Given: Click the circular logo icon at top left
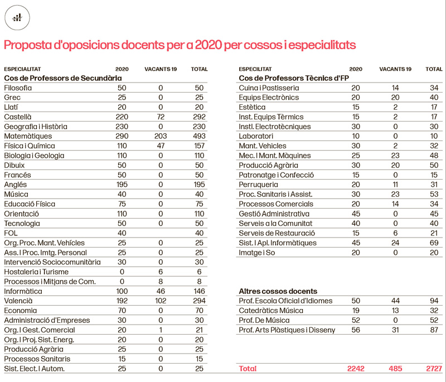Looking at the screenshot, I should [x=18, y=18].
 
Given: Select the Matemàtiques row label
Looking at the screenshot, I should [x=27, y=136].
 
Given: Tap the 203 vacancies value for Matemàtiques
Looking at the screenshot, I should [x=161, y=136].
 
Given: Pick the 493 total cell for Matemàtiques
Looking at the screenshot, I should [x=199, y=136].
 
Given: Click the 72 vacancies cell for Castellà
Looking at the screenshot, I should [x=161, y=117].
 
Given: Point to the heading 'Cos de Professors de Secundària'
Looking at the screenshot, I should [x=62, y=78].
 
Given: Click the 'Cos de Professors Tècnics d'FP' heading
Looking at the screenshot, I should [x=293, y=78].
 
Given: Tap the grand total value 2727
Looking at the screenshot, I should [x=433, y=369].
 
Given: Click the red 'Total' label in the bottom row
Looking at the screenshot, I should [x=248, y=369].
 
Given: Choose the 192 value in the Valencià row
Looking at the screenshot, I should [x=122, y=301].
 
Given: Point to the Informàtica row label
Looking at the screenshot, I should [x=23, y=291].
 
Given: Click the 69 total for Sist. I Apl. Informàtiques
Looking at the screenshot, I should [x=434, y=243].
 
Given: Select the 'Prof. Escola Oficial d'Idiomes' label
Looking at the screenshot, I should [x=285, y=301].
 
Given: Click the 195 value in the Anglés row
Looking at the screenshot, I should [x=122, y=185].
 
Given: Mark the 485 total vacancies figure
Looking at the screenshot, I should [x=395, y=369].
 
